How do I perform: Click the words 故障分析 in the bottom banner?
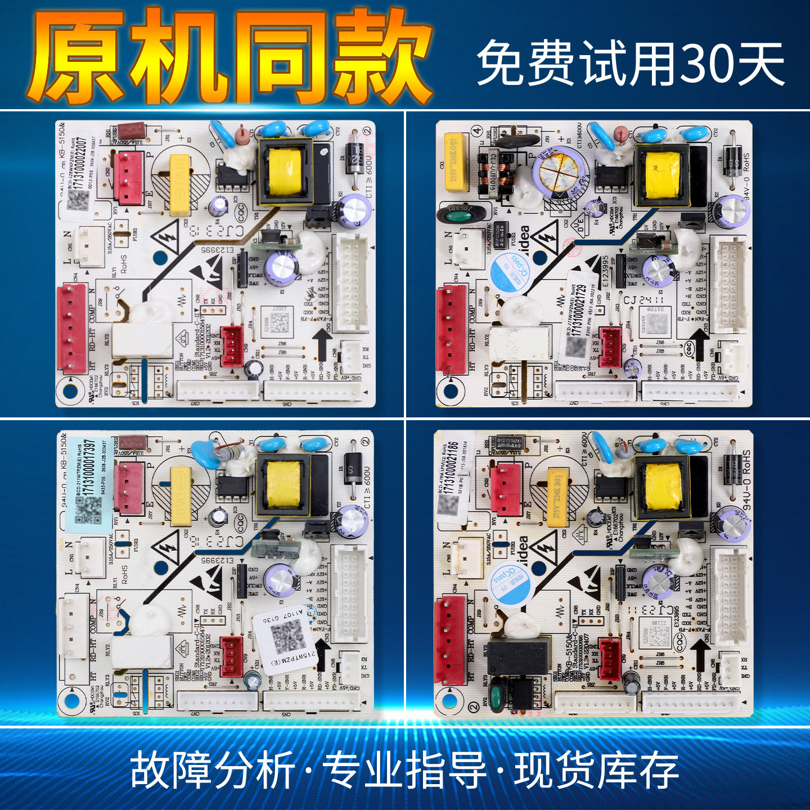(x=213, y=771)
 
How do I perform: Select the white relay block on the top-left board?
(x=142, y=340)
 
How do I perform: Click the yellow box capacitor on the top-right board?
(x=456, y=160)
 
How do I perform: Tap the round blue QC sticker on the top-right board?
(x=510, y=273)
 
